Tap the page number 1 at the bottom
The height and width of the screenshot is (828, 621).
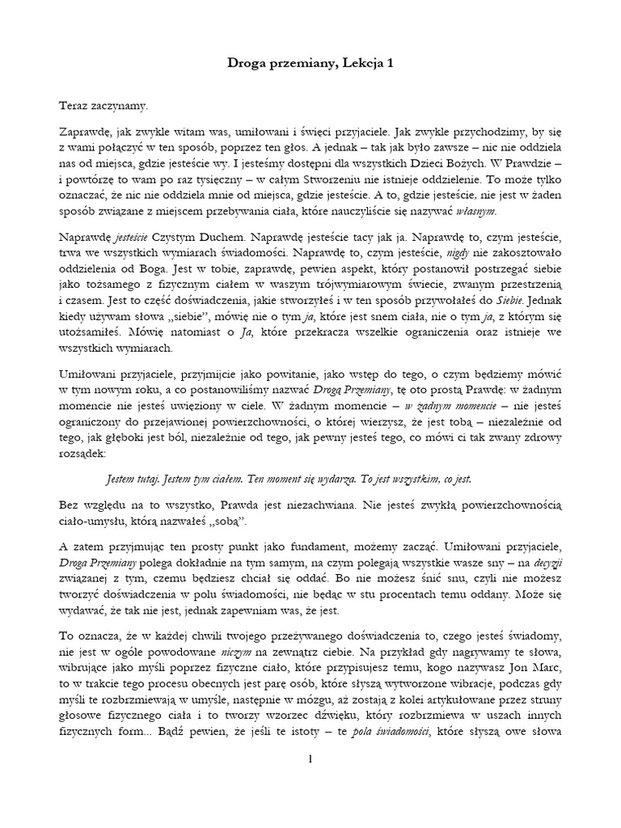(x=310, y=758)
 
